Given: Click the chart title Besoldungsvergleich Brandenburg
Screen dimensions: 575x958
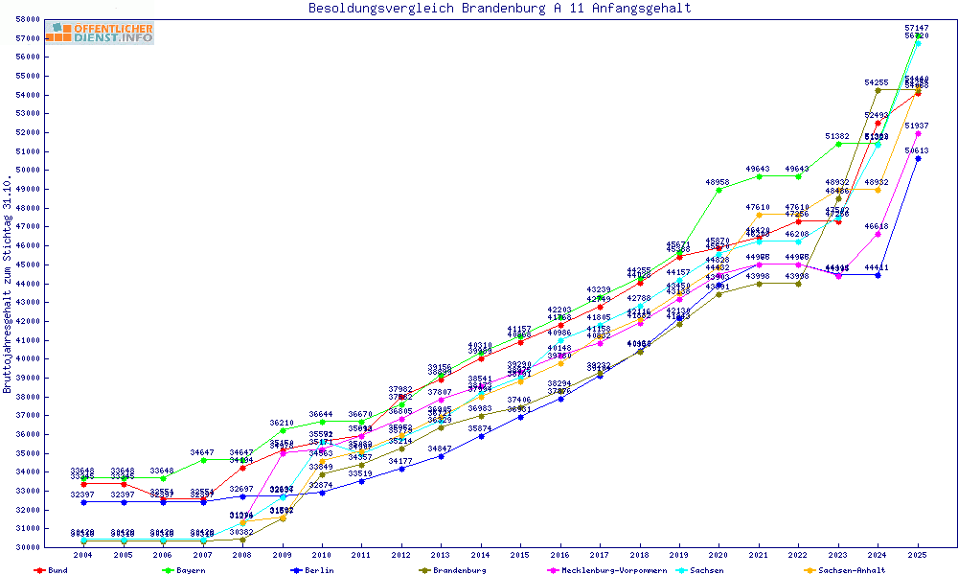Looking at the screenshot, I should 499,9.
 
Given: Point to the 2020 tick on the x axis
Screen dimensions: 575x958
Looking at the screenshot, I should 719,555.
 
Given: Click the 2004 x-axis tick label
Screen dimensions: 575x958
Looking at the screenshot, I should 83,555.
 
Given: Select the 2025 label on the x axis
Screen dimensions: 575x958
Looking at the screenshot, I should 918,555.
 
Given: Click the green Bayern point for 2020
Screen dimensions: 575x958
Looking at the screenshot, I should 719,190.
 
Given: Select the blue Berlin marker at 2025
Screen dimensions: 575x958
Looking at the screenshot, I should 918,158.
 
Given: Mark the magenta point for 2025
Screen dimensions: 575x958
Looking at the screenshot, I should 918,133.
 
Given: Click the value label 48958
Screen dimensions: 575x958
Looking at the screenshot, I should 719,181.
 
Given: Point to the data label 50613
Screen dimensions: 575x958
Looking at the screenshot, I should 918,150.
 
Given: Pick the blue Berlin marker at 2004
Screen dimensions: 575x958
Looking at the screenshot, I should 83,501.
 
